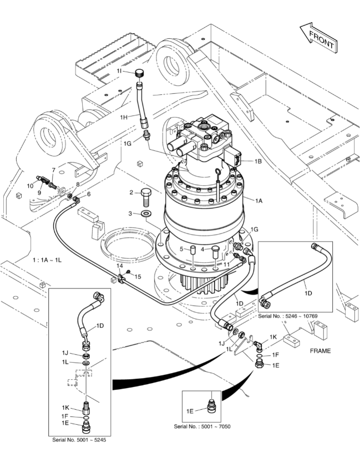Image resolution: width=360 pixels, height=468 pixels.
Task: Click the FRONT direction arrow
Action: [x=319, y=38]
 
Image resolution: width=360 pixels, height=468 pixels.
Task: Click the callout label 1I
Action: [x=119, y=71]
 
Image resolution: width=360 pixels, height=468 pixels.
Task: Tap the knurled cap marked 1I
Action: [x=139, y=73]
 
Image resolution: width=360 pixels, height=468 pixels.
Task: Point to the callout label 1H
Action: [x=124, y=118]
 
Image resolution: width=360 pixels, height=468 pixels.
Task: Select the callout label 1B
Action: [x=258, y=161]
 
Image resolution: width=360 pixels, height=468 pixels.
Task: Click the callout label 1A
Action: [x=258, y=201]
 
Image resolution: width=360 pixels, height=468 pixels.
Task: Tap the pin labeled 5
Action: [x=192, y=250]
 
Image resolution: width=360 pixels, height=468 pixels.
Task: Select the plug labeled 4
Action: [x=215, y=250]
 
